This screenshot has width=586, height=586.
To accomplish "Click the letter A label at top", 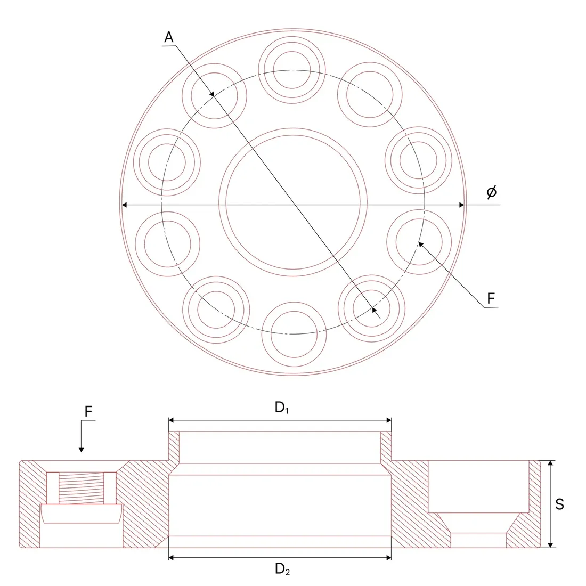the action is (169, 37).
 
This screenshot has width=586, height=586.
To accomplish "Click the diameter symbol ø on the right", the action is (492, 192).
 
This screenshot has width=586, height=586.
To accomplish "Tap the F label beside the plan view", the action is (491, 299).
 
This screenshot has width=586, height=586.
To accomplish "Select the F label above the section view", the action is (88, 411).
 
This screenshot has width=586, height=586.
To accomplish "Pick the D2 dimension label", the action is (282, 569).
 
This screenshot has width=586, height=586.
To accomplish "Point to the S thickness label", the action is (559, 504).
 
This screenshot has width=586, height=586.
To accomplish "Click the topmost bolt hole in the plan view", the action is (292, 70).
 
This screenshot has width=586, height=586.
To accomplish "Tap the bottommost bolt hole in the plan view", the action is (294, 335).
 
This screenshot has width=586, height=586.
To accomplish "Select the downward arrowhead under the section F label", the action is (81, 450).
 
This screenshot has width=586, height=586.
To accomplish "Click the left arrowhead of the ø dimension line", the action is (125, 205).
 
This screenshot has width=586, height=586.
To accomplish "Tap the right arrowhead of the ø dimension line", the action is (461, 205).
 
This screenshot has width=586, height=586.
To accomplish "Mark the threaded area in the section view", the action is (81, 488).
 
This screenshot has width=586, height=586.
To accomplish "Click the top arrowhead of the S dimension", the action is (550, 463).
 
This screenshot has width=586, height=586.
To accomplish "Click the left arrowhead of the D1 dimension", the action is (172, 420).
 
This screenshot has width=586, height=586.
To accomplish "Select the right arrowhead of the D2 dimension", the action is (388, 558).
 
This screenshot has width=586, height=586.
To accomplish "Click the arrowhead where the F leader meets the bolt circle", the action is (420, 245).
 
